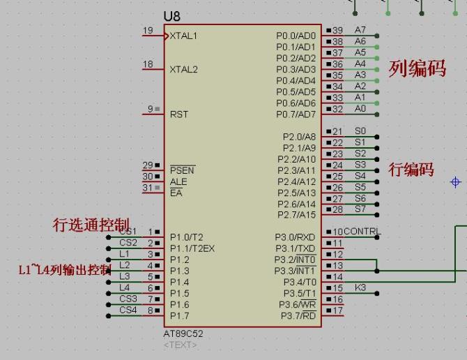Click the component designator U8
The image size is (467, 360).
(x=171, y=16)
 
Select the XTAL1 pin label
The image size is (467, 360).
(x=183, y=36)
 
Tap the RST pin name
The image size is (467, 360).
(x=179, y=114)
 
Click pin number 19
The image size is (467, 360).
(x=148, y=30)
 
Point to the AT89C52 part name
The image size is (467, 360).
(x=183, y=333)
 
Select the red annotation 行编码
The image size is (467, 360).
(x=411, y=170)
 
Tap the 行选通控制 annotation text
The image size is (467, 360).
(x=91, y=225)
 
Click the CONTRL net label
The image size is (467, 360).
(x=362, y=232)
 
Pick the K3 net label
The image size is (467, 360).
(x=360, y=287)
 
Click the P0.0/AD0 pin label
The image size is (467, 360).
(x=296, y=36)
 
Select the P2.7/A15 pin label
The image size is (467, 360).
(x=296, y=215)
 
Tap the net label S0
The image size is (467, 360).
(x=360, y=131)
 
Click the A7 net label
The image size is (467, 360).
(x=360, y=30)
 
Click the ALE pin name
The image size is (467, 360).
(x=178, y=182)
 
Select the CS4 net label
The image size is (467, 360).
(x=128, y=310)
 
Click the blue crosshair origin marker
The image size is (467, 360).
(x=456, y=182)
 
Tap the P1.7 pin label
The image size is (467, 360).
(x=180, y=315)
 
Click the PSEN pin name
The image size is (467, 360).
(x=182, y=170)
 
